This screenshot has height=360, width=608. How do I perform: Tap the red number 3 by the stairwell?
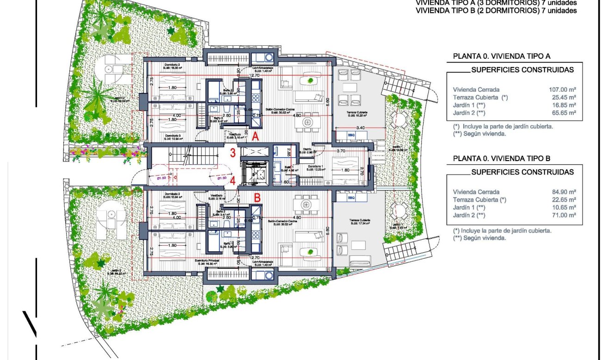(233, 152)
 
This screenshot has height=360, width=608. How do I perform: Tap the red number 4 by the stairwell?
(233, 181)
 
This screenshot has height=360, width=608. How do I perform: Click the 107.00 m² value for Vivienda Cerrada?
(563, 90)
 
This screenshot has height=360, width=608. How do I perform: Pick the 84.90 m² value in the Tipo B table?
(564, 192)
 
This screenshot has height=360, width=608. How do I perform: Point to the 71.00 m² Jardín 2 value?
(564, 215)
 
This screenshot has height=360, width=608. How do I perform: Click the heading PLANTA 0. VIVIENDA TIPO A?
(501, 56)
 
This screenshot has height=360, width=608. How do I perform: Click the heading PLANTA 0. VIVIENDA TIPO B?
(501, 158)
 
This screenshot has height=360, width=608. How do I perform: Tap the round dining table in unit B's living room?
(305, 204)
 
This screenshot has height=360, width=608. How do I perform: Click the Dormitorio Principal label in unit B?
(207, 261)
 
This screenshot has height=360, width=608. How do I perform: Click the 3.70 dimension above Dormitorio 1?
(342, 151)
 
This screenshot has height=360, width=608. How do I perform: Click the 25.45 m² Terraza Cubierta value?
(564, 98)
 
